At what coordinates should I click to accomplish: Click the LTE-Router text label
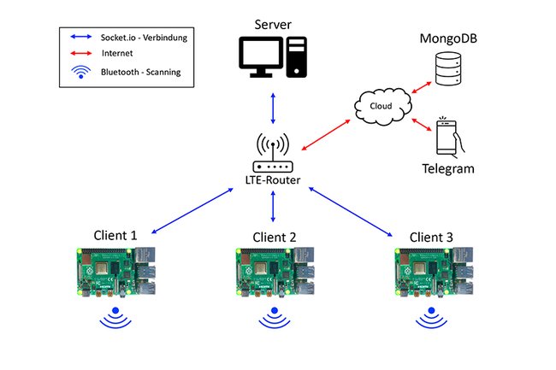coord(274,181)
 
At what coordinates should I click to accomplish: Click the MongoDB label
coord(447,39)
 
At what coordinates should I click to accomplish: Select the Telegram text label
coord(447,169)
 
